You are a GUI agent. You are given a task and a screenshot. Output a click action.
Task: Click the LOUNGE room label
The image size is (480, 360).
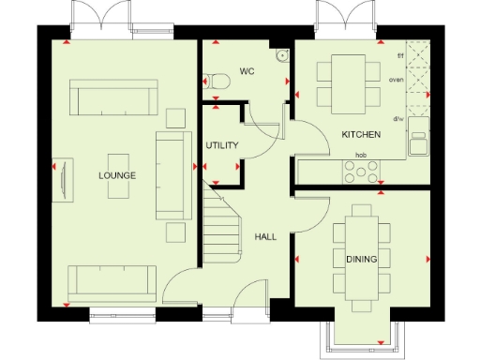[x=117, y=175]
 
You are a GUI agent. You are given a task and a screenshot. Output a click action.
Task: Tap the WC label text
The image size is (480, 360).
[x=247, y=70]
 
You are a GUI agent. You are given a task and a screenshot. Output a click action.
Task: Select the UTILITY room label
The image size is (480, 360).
[x=222, y=145]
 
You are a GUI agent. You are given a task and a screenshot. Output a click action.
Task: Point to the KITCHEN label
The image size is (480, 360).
[x=359, y=135]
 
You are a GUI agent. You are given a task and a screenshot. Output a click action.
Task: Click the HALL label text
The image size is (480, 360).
[x=265, y=237]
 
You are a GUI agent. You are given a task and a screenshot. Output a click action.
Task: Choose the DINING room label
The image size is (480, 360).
[x=362, y=258]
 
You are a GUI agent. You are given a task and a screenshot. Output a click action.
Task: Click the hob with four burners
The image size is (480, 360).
[x=361, y=172]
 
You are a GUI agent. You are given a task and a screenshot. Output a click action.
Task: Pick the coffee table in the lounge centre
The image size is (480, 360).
[x=119, y=175]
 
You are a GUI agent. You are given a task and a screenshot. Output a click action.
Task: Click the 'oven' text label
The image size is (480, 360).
[x=397, y=81]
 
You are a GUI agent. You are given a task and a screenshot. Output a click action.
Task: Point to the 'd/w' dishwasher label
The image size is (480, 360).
[x=397, y=119]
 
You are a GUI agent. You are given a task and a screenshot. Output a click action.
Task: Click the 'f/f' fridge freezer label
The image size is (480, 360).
[x=400, y=57]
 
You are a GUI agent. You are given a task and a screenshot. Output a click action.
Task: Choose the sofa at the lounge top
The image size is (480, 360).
[x=112, y=97]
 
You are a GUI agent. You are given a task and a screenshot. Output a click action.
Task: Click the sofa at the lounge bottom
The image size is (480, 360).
[x=112, y=280]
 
